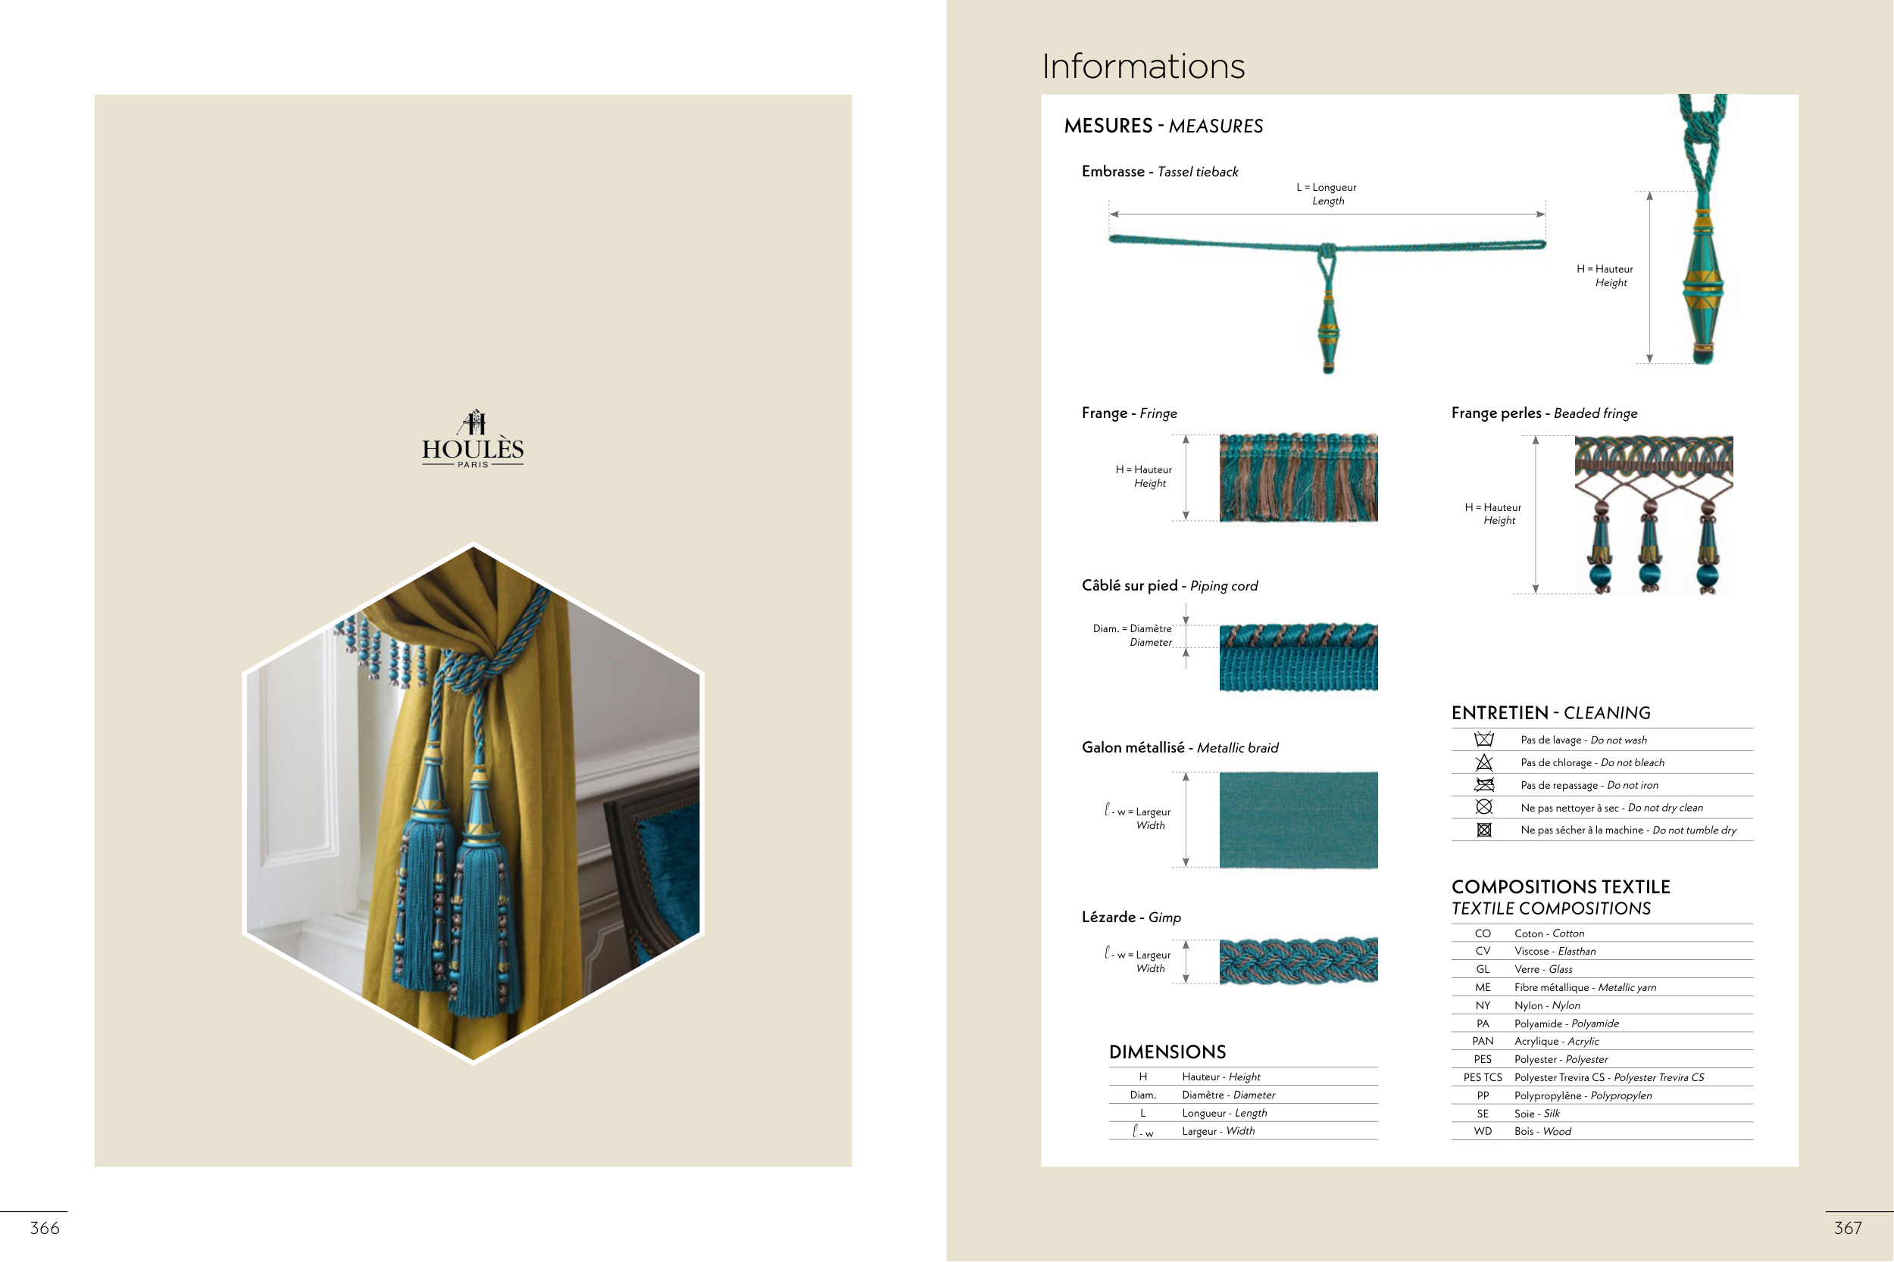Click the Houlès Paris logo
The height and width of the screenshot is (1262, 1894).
(x=473, y=438)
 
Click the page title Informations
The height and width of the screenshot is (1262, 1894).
(x=1143, y=66)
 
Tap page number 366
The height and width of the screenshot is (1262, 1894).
(x=45, y=1227)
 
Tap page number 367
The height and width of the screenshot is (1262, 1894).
(x=1848, y=1227)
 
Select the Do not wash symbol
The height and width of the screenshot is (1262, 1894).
(x=1484, y=739)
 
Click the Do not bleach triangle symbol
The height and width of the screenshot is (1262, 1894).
(x=1484, y=762)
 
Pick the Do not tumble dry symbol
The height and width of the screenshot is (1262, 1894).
(x=1484, y=830)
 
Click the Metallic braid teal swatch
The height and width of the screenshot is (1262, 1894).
(x=1298, y=819)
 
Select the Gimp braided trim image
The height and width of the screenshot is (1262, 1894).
(x=1298, y=960)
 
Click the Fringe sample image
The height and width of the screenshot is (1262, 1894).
(x=1298, y=477)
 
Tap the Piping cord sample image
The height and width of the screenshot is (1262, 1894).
(x=1298, y=657)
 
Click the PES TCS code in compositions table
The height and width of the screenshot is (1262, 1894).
(x=1483, y=1077)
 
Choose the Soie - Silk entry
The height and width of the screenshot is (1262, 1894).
(x=1536, y=1113)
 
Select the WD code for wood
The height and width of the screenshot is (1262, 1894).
(x=1483, y=1131)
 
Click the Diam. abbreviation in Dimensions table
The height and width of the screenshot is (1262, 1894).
(x=1142, y=1095)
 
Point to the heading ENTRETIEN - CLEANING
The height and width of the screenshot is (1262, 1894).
(x=1551, y=712)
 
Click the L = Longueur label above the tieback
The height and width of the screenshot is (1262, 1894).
(x=1327, y=188)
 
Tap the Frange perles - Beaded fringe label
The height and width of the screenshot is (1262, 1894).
(x=1545, y=413)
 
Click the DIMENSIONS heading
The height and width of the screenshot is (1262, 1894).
(x=1167, y=1052)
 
